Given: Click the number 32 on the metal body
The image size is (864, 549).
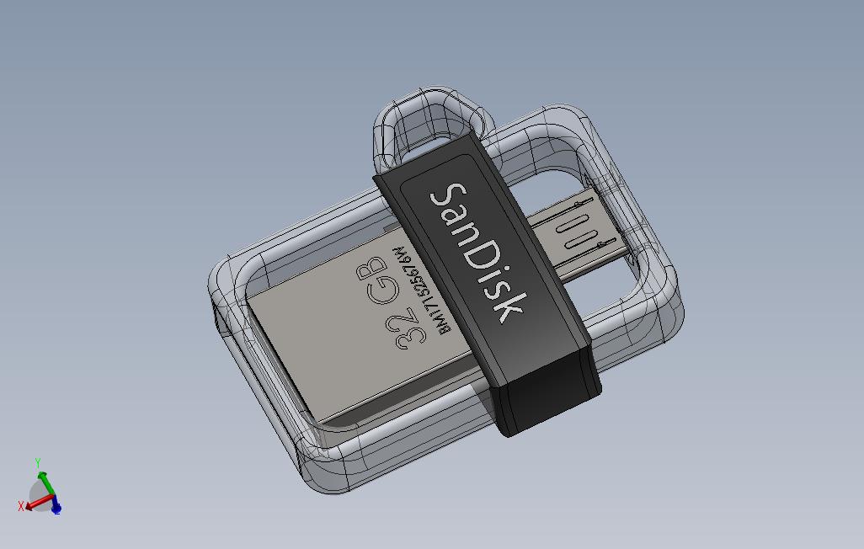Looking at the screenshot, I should pyautogui.click(x=407, y=325).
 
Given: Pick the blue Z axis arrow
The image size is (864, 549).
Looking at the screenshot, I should pyautogui.click(x=56, y=507).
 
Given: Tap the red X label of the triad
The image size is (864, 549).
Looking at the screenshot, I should pyautogui.click(x=21, y=506).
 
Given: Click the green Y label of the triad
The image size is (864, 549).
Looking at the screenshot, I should pyautogui.click(x=38, y=463).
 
